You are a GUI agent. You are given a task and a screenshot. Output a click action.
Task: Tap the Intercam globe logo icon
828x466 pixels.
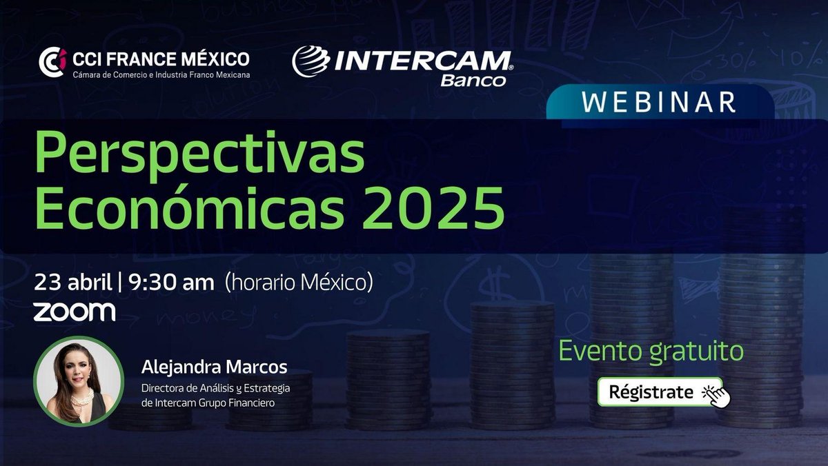[308, 62]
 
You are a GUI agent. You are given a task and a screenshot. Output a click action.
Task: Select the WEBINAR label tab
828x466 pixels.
[658, 102]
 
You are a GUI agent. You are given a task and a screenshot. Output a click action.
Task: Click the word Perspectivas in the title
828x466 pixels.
[199, 155]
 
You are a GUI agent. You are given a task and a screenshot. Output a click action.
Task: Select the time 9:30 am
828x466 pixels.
[172, 283]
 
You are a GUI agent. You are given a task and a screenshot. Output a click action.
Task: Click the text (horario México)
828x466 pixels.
[299, 283]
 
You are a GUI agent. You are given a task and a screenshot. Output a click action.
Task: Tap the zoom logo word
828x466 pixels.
[75, 312]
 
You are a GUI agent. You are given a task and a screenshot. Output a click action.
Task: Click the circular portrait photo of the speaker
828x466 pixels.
[78, 381]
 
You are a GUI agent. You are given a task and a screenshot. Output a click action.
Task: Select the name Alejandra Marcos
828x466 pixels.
[214, 365]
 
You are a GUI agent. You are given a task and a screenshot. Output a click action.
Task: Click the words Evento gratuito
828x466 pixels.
[651, 351]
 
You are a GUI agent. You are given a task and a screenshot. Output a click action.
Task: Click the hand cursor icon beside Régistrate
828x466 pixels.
[715, 394]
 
